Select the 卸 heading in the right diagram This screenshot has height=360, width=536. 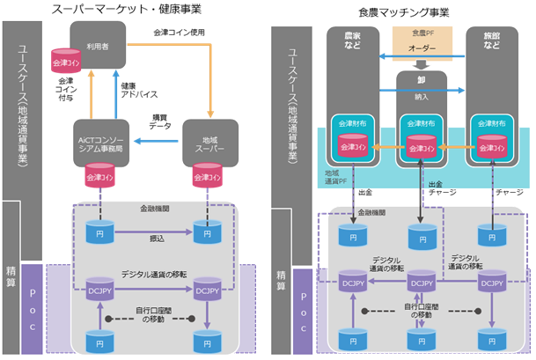click(x=420, y=77)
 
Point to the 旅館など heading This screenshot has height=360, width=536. click(x=490, y=40)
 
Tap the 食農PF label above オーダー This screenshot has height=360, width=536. click(x=420, y=33)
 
